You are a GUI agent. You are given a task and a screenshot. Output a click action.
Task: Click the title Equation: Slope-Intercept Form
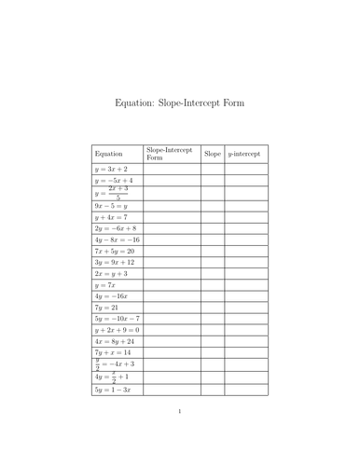pos(179,103)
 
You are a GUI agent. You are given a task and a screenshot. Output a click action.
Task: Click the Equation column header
pos(108,153)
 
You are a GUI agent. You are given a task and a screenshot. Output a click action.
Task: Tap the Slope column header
pos(212,153)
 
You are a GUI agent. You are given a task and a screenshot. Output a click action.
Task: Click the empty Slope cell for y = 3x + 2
pos(212,170)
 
